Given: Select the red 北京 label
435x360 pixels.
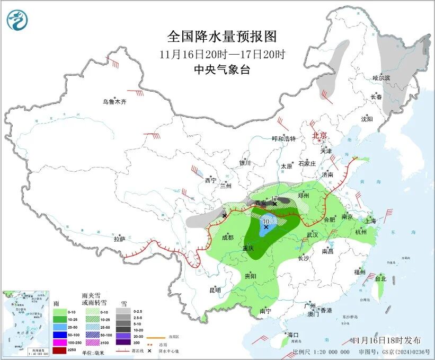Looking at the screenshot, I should (x=319, y=135).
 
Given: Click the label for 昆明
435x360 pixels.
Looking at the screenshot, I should (x=215, y=289).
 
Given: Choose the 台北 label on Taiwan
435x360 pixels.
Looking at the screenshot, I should (x=380, y=278).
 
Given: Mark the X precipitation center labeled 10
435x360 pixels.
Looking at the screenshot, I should (x=266, y=226).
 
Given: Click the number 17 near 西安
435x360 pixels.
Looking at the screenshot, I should (x=274, y=199).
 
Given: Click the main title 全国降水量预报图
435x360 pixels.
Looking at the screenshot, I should (x=222, y=37).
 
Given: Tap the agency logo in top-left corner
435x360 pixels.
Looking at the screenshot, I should (x=17, y=20).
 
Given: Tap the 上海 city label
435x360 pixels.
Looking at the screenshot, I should (x=370, y=221).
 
